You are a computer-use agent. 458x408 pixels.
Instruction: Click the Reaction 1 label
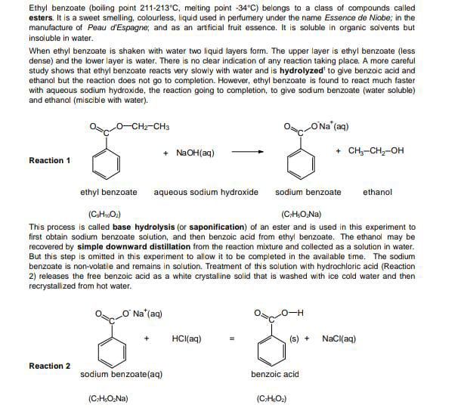pos(50,160)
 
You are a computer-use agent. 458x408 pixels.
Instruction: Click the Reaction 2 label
pos(50,366)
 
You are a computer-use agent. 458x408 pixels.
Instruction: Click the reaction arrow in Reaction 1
pos(248,152)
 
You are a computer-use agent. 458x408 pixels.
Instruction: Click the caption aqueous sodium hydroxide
pos(206,192)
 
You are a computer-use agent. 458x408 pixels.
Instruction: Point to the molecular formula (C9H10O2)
pos(106,214)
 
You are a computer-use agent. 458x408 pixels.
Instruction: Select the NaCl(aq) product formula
pos(339,338)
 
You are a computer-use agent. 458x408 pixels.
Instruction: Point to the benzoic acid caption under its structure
pos(275,375)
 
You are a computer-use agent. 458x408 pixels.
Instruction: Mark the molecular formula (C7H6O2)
pos(271,399)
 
